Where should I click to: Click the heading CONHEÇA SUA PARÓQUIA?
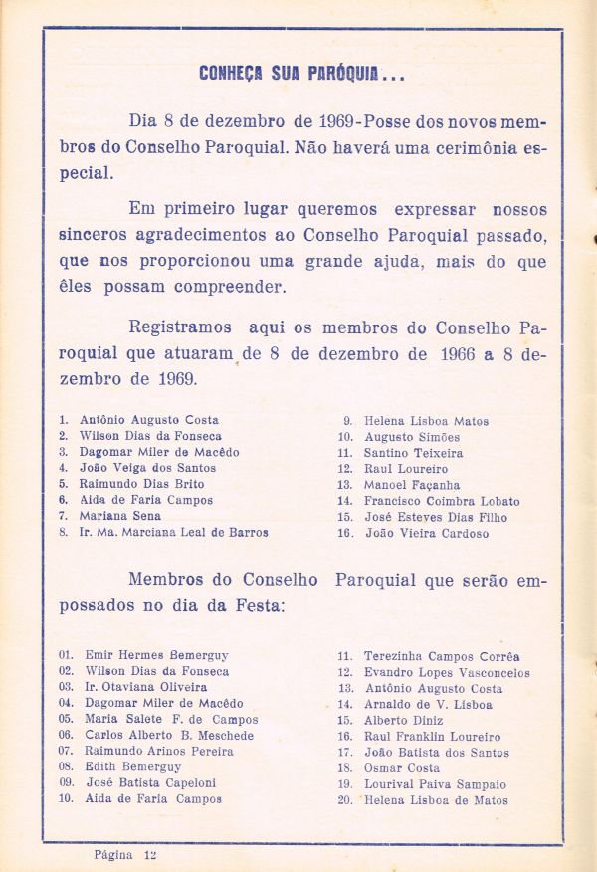point(301,75)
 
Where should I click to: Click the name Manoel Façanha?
point(406,485)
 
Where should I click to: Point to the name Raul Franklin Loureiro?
point(432,736)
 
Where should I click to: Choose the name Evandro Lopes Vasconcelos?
point(447,672)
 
